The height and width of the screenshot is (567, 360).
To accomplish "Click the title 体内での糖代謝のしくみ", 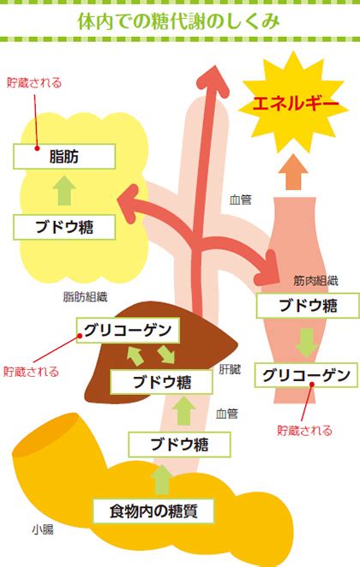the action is coord(179,21).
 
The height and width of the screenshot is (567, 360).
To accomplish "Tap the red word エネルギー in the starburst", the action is coord(295,104).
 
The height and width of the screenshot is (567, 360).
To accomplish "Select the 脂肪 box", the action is coord(64,157).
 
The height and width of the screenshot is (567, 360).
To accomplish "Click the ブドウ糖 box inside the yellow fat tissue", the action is coord(64,227).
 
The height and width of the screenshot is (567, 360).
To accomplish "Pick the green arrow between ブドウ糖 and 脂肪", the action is coord(64,190).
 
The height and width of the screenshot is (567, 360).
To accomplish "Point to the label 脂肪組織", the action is coord(85,297).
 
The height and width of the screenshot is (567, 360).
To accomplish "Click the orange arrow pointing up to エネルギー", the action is coord(293,172).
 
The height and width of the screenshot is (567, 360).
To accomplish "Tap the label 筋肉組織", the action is coord(315,281).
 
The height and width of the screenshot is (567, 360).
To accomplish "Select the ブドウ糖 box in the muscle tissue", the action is coord(308,306).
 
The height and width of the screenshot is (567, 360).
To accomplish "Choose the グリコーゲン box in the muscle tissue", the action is coord(306,375).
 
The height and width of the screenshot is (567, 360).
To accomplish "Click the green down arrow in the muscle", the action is coord(307,343).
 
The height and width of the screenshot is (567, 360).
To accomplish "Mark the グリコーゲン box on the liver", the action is coord(128,330).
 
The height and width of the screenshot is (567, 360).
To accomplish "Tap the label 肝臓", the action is coord(230,369).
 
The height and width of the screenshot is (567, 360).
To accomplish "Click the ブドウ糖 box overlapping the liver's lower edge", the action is coord(161,382).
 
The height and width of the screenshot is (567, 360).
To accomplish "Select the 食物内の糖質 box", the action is coord(153,511).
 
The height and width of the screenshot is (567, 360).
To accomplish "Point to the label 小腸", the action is coord(43,530).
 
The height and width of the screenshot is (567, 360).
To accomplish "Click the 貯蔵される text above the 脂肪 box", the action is coord(34,83).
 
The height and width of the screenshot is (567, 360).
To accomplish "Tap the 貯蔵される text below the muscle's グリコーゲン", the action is coord(304,430).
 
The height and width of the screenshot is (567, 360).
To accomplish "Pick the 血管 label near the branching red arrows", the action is coord(240,200).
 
